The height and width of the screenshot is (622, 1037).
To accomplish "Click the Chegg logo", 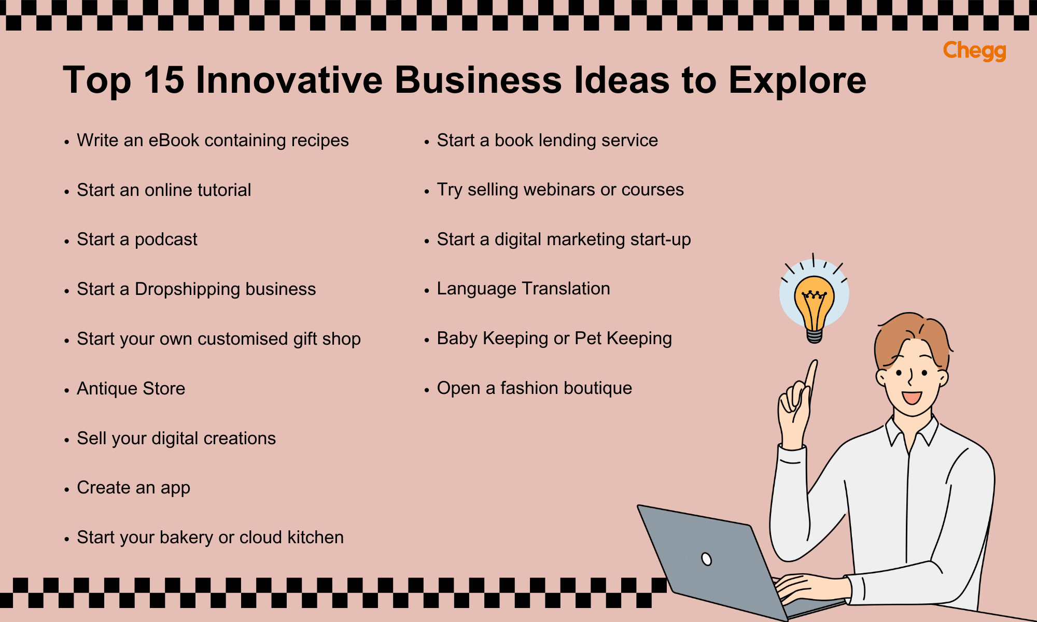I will click(x=974, y=51).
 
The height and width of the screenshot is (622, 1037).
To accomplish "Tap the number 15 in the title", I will click(x=164, y=80).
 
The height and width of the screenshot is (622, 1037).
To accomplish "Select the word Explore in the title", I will click(x=797, y=80).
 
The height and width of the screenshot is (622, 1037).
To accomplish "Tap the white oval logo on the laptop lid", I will click(x=706, y=559).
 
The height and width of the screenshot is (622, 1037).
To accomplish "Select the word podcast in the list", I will click(x=166, y=239).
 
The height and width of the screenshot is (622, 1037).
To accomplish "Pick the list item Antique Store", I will click(x=131, y=389).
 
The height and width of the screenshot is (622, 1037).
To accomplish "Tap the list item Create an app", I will click(x=133, y=488).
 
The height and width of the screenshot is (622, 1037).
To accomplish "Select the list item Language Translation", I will click(x=523, y=289).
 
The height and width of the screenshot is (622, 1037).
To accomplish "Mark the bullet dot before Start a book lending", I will click(x=427, y=142).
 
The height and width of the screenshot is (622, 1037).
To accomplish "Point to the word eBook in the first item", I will click(x=174, y=140).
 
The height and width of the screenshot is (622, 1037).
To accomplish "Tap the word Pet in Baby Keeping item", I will click(x=588, y=338).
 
